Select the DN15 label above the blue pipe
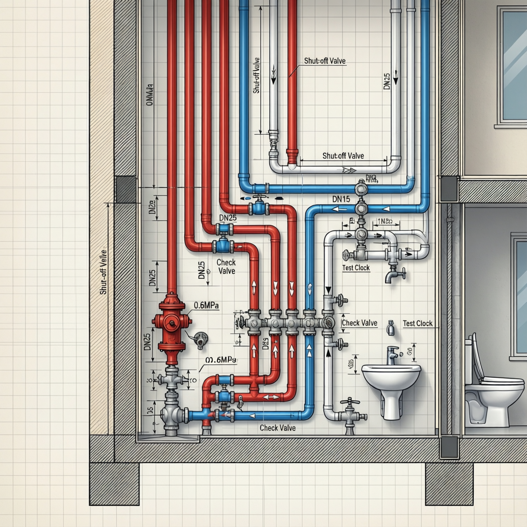(x=341, y=199)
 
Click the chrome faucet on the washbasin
(x=392, y=354)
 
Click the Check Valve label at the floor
(x=278, y=428)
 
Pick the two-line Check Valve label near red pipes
(x=227, y=267)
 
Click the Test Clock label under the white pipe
(x=356, y=267)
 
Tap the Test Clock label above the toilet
(x=418, y=323)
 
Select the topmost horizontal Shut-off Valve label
(x=325, y=61)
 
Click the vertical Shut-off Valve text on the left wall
(x=104, y=272)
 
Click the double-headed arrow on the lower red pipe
(x=271, y=397)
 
